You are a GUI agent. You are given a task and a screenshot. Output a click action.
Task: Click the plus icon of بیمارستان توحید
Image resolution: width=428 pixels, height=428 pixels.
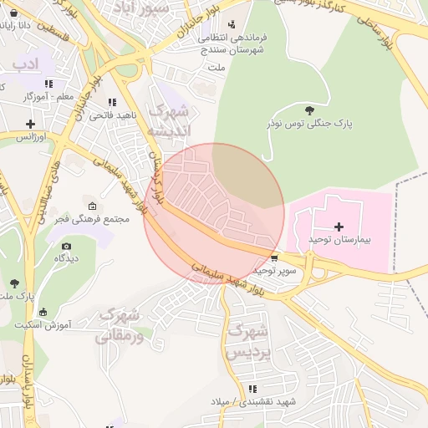coord(339,227)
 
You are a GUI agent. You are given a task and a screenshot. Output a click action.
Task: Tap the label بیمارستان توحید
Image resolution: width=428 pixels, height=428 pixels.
coord(339,240)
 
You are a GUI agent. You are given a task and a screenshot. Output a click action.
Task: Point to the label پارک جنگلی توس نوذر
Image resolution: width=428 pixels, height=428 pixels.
coord(310,124)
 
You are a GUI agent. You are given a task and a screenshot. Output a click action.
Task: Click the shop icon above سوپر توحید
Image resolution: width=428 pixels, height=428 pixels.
coord(275,257)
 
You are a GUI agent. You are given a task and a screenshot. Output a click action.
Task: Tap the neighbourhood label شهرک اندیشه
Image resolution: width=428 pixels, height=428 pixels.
coord(169,121)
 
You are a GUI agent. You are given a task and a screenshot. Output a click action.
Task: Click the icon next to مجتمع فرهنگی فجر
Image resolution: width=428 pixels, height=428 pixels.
coord(92,206)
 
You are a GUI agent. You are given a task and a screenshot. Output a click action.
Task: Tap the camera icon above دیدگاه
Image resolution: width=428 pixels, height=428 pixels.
coord(67,246)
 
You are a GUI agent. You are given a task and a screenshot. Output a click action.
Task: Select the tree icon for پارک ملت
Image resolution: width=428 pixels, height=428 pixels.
coord(14,283)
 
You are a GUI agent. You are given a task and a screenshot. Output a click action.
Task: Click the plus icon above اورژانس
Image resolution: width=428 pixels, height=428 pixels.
coord(30,124)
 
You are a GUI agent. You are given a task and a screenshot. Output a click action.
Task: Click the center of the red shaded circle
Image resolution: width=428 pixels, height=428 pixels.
coord(214,214)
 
